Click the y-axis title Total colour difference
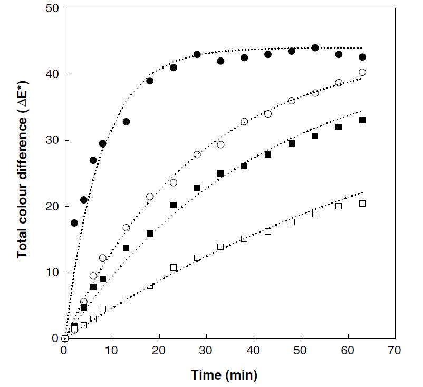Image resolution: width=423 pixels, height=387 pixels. click(22, 173)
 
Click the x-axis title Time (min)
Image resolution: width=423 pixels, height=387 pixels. click(224, 375)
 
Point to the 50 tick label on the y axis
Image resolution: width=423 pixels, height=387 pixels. click(52, 8)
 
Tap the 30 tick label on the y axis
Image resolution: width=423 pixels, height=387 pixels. click(52, 140)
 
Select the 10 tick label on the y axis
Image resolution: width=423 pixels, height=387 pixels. click(52, 273)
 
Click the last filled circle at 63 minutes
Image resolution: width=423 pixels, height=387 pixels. click(362, 57)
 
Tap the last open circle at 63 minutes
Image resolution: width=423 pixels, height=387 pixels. click(362, 72)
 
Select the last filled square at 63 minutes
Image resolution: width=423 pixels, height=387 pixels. click(362, 120)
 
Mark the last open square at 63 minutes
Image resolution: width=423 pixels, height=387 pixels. click(362, 204)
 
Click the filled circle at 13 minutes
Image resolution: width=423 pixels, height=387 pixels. click(126, 122)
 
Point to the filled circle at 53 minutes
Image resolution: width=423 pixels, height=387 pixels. click(315, 47)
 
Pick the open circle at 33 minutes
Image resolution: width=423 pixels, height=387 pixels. click(220, 144)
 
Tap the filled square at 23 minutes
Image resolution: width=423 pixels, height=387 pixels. click(174, 205)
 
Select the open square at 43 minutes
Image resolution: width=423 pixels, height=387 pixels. click(267, 231)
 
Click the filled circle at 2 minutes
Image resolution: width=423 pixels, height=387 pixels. click(74, 223)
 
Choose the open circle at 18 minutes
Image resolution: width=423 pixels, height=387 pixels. click(150, 197)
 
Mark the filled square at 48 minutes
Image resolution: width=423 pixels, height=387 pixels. click(291, 143)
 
